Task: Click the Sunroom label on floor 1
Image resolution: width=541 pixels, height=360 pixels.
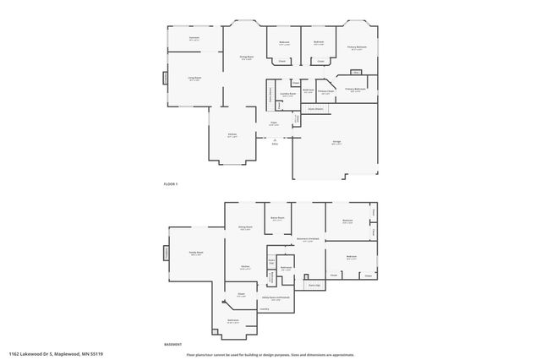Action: point(194,38)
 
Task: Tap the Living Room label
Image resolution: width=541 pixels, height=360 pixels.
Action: point(194,79)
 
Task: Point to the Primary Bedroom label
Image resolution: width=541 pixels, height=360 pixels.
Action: point(356,47)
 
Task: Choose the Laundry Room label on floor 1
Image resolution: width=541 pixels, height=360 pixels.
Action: point(288,95)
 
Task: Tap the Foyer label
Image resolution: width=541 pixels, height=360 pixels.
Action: point(274,123)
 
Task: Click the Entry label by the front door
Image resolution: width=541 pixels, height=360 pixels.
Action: point(275,142)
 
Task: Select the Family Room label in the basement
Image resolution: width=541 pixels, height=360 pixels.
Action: point(195,254)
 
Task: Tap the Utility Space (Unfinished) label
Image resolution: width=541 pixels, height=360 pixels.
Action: point(281,297)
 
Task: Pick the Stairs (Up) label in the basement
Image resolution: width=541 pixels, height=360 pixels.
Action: point(313,286)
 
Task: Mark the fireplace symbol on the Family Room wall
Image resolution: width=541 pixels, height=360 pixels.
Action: point(167,253)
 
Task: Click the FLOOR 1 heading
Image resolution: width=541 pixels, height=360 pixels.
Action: point(171,183)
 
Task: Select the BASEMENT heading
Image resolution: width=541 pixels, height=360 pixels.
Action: point(172,344)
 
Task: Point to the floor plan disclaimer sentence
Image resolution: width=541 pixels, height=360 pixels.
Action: point(271,352)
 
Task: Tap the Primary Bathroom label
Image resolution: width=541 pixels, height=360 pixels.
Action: point(356,89)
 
